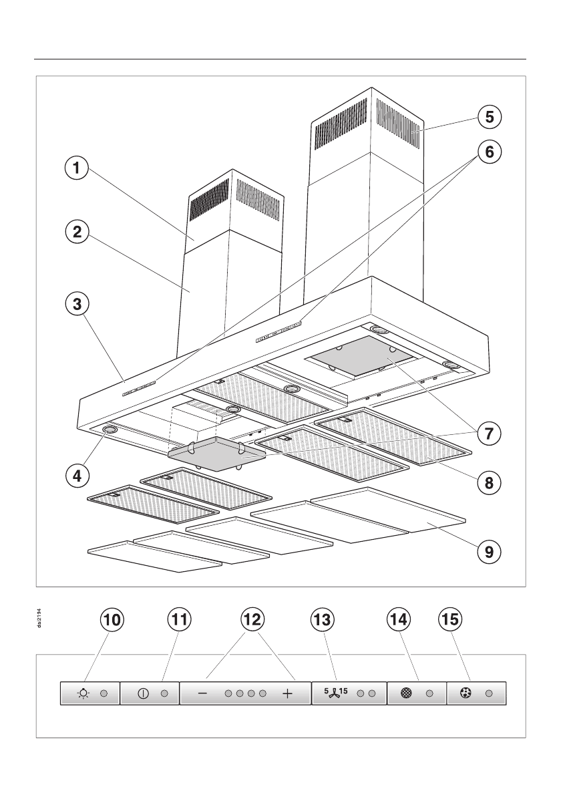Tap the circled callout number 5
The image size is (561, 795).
click(489, 117)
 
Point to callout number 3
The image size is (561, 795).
click(77, 305)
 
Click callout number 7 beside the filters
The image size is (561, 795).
click(489, 432)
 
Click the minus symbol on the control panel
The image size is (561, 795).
click(203, 694)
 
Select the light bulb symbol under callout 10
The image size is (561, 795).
click(83, 693)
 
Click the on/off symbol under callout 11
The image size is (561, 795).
click(142, 693)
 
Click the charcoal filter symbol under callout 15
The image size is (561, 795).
click(465, 693)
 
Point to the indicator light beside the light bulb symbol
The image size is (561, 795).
click(104, 693)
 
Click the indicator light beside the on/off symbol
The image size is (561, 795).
click(164, 693)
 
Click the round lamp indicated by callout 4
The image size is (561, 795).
click(109, 430)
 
